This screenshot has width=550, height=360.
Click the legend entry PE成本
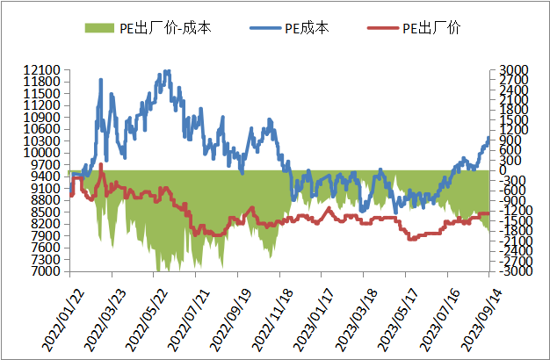point(308,28)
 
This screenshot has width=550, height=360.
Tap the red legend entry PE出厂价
point(431,28)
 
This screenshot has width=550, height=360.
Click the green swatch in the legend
point(99,28)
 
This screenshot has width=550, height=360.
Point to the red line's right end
point(488,213)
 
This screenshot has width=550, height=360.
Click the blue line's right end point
point(488,138)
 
